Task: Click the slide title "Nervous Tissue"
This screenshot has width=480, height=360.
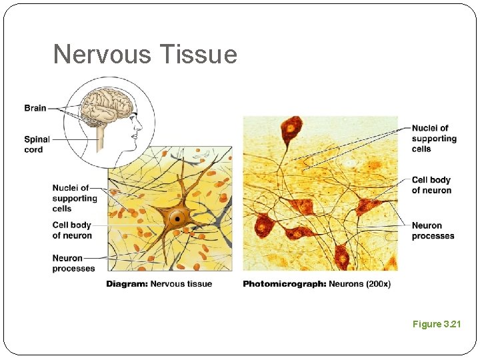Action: coord(145,54)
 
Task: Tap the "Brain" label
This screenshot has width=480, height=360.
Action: coord(35,108)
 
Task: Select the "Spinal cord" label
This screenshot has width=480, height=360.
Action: coord(37,144)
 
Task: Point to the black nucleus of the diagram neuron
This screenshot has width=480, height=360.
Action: coord(177,218)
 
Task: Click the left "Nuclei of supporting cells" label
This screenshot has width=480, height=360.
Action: coord(74,198)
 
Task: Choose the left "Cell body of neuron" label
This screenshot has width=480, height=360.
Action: coord(72,230)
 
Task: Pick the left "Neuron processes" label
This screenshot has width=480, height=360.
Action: coord(73,263)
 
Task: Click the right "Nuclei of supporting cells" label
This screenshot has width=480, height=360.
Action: coord(434,138)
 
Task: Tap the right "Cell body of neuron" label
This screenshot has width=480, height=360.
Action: coord(431,185)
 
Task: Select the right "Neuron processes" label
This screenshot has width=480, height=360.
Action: coord(433,231)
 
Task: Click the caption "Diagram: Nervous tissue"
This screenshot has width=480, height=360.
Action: coord(159,284)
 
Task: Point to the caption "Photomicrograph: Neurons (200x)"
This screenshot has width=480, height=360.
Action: coord(317,284)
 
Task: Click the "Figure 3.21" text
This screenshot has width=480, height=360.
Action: coord(437,324)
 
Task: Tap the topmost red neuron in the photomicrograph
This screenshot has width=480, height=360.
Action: coord(291,128)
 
